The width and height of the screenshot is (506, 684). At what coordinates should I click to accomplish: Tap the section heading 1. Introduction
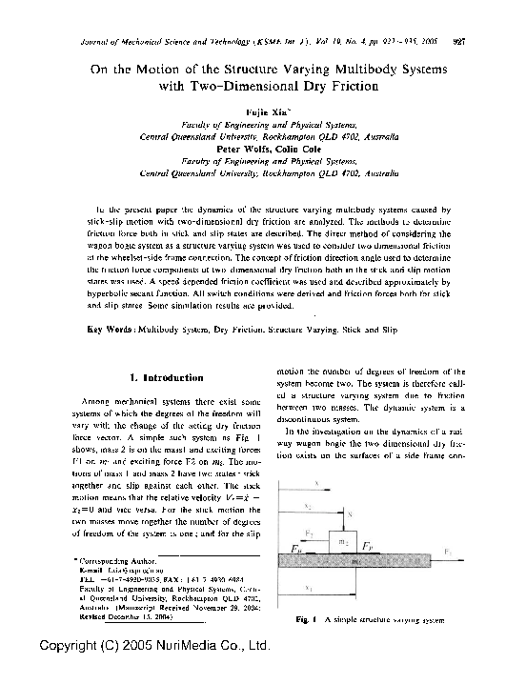[166, 378]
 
